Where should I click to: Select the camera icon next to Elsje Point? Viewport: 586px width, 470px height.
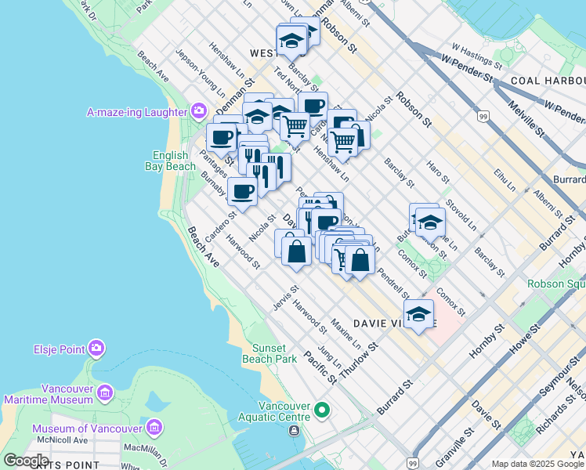point(96,347)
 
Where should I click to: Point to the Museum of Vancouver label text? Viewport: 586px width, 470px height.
point(86,428)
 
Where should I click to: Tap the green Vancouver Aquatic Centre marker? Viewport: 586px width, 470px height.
point(321,410)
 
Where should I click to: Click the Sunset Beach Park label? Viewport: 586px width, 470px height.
point(274,353)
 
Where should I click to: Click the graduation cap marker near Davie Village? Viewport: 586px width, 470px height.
point(419,315)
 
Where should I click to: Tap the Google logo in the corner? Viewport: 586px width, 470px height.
point(26,461)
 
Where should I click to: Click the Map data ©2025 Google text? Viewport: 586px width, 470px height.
point(537,464)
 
